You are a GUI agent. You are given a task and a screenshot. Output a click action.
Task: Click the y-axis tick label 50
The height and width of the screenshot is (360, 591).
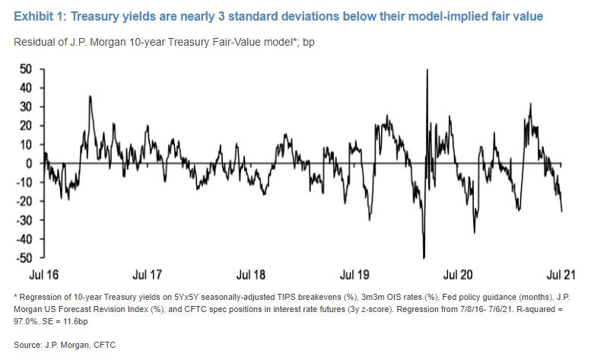26,68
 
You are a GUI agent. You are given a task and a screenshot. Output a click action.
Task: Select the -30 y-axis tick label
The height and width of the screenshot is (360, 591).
24,221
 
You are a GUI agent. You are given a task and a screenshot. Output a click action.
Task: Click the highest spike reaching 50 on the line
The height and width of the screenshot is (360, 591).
427,70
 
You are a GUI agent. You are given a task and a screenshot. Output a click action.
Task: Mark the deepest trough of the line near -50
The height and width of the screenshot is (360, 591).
424,258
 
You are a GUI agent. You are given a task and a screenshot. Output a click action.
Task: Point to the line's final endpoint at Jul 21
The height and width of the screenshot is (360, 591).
562,212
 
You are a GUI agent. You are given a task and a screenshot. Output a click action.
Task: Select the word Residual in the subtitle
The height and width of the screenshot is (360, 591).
34,41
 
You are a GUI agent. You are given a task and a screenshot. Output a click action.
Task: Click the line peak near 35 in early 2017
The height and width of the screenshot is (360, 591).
91,97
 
